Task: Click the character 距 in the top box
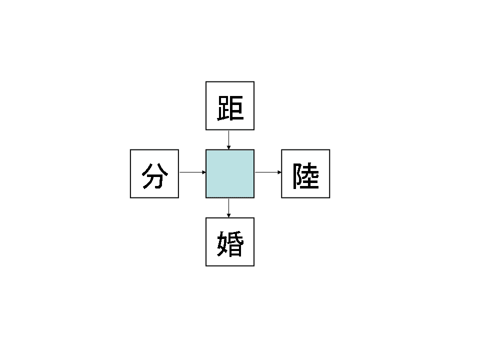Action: click(x=230, y=107)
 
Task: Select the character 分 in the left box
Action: click(x=154, y=175)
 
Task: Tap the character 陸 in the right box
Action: click(x=306, y=175)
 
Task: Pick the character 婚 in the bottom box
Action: click(x=230, y=243)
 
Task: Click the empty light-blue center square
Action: click(x=230, y=173)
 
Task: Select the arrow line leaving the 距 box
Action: click(x=229, y=137)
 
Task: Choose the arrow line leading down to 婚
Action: click(x=229, y=206)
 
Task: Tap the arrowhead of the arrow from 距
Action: click(x=229, y=147)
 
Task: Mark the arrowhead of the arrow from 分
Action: click(x=204, y=172)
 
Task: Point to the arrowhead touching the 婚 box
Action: click(x=229, y=215)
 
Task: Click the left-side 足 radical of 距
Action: click(x=222, y=108)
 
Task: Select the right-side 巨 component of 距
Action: click(x=236, y=108)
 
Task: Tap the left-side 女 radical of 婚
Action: click(x=222, y=244)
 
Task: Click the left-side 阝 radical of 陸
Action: click(x=297, y=176)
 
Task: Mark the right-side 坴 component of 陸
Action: click(x=311, y=176)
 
